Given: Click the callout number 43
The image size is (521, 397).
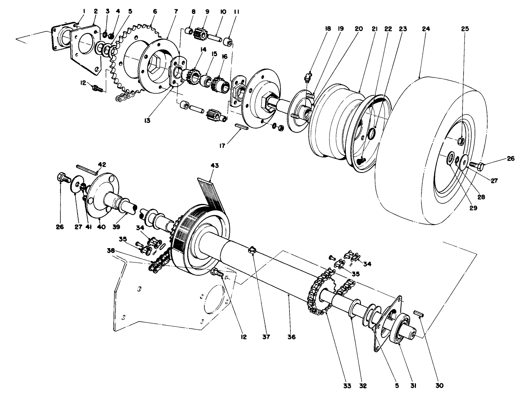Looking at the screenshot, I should (214, 166).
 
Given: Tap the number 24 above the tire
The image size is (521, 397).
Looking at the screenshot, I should (426, 29).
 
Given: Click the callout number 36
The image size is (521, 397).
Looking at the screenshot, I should (292, 337).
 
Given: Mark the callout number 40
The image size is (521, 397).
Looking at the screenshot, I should (101, 227).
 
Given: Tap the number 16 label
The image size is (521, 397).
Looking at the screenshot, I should (224, 57).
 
